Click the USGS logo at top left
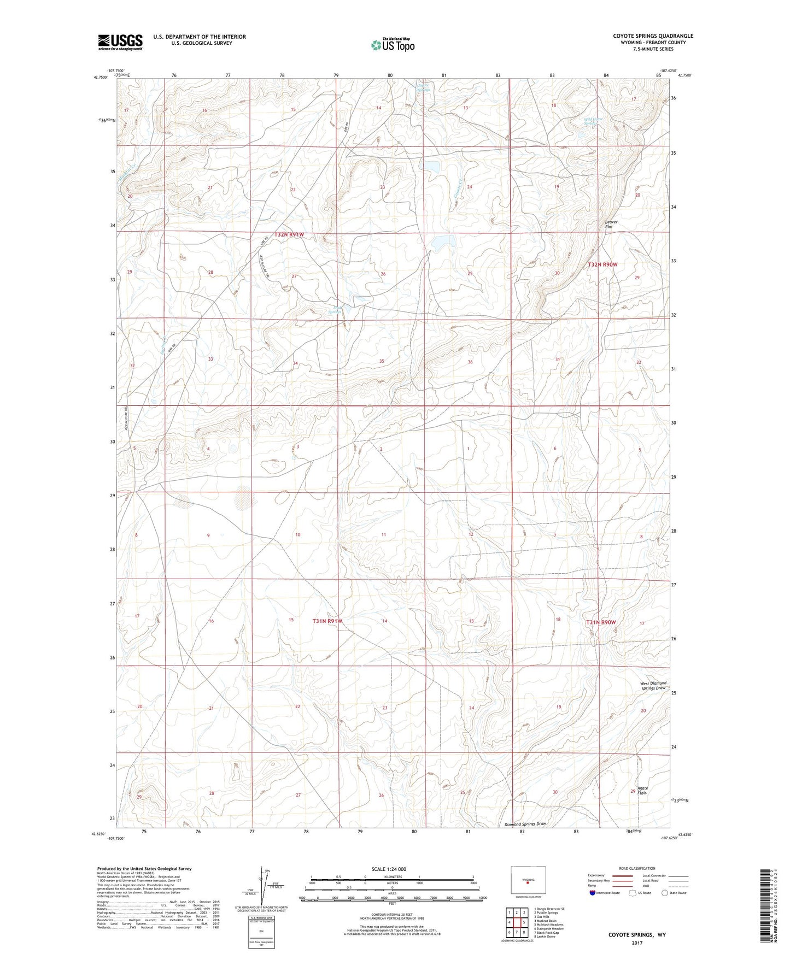120,42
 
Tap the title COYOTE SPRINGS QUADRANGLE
653,36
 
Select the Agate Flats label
642,790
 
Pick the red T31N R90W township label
601,622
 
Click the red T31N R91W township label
327,621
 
